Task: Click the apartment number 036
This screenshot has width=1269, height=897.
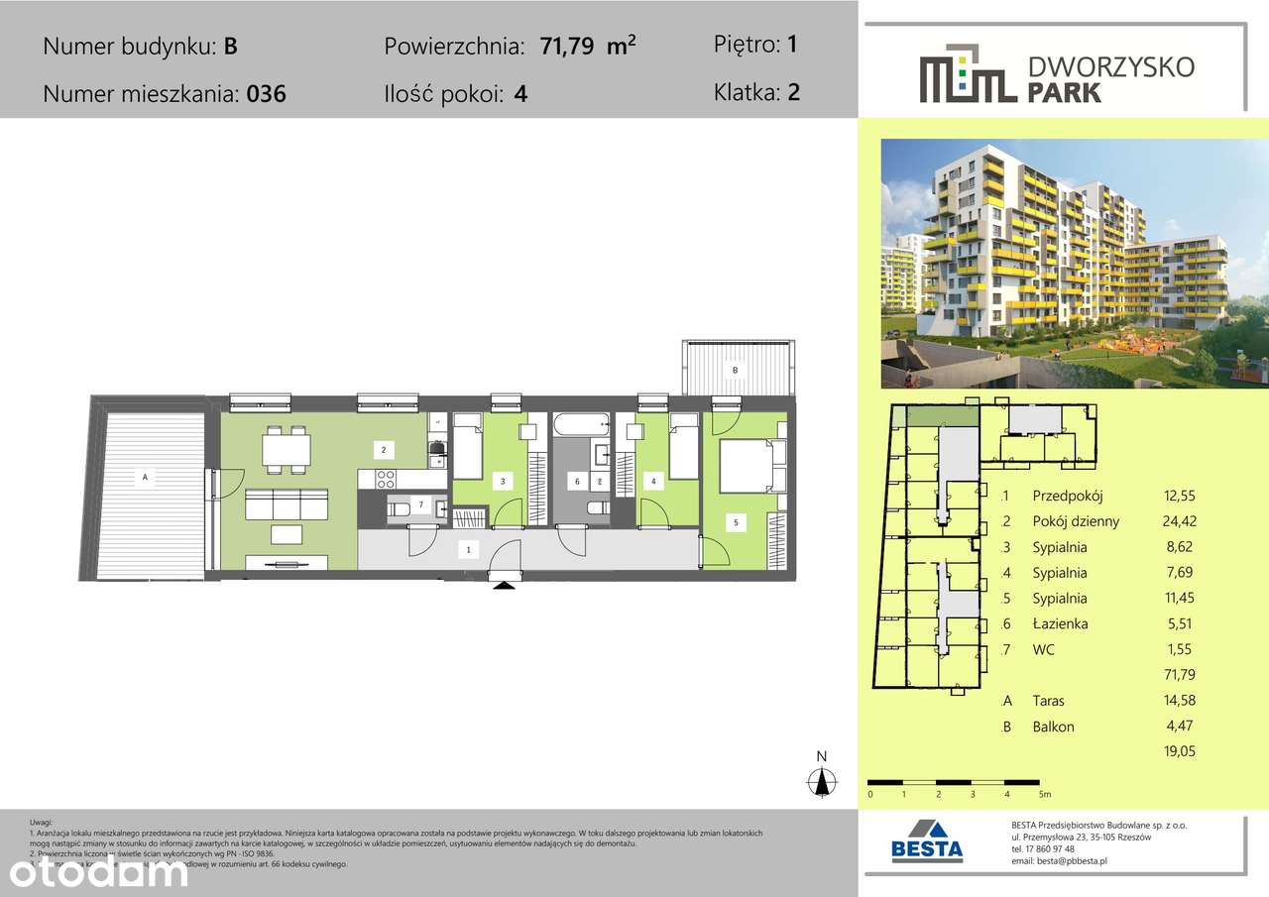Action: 266,95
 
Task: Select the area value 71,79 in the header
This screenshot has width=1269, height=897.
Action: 572,47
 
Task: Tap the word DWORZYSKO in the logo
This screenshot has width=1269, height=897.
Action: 1111,67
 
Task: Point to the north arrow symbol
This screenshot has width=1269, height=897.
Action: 821,779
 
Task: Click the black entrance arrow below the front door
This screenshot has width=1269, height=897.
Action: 504,585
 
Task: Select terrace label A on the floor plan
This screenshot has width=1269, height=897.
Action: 145,478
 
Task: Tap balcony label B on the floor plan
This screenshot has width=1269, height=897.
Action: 735,371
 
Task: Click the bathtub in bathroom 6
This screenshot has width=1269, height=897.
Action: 580,426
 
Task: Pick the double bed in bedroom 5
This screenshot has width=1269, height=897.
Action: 752,466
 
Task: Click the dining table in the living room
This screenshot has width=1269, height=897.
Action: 285,451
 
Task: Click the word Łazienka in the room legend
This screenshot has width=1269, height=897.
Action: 1060,623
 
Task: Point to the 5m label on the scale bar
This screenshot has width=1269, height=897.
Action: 1044,794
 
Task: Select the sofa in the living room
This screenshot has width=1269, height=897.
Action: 286,505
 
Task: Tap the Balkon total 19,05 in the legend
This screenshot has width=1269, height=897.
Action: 1180,751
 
